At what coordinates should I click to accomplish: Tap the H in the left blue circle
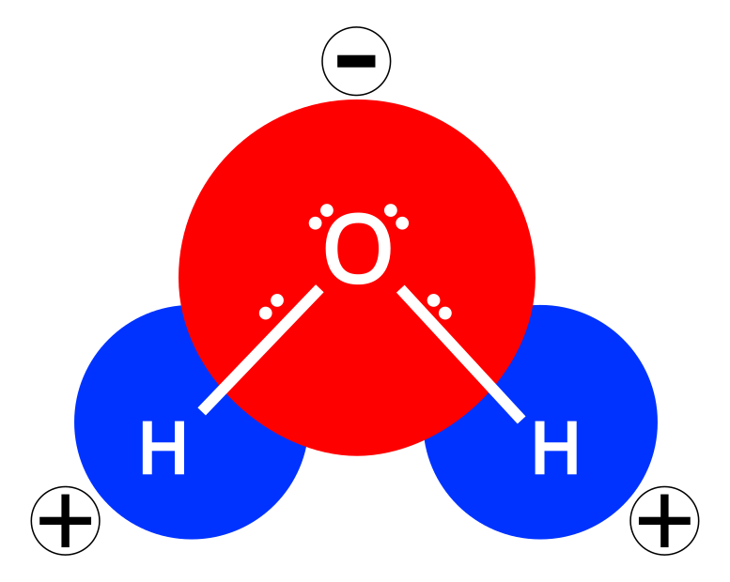click(163, 450)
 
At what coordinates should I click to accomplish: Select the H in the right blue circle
click(555, 450)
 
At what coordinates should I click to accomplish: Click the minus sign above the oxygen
click(356, 62)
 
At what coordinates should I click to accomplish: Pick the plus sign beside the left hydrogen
click(65, 520)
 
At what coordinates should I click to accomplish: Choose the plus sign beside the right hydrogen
click(664, 520)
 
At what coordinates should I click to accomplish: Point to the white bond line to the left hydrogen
click(261, 350)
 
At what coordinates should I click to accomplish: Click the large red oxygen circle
click(357, 375)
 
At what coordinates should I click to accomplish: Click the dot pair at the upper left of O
click(321, 217)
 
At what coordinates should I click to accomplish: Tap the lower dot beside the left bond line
click(266, 313)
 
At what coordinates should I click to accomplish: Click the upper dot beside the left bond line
click(277, 300)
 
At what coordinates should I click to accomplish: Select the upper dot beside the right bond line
click(433, 300)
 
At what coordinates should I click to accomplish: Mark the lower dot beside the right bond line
click(445, 313)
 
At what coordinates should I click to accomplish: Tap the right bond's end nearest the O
click(404, 292)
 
